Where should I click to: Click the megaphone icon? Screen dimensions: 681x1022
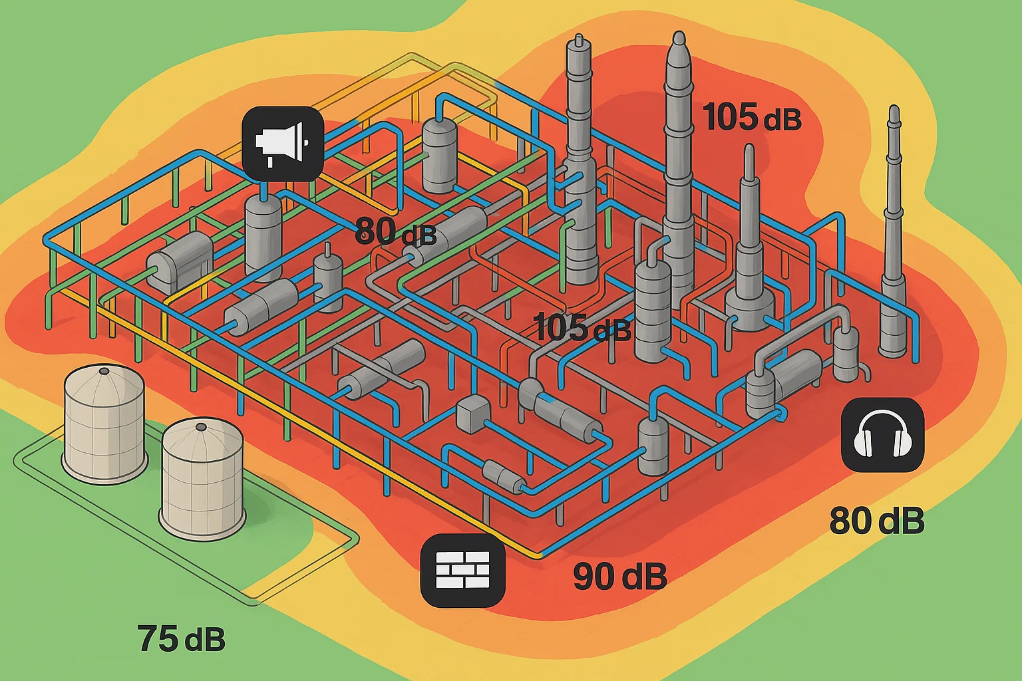(x=283, y=143)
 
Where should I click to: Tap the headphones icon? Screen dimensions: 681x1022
(x=882, y=435)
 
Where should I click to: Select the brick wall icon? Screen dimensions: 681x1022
(x=463, y=570)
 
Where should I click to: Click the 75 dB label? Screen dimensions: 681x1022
(x=181, y=638)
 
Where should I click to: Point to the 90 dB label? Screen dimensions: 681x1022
(x=619, y=576)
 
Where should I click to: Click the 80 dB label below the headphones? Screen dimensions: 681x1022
(x=876, y=520)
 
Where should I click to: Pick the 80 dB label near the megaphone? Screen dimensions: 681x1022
(x=395, y=232)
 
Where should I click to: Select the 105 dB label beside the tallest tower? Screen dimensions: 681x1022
(x=752, y=117)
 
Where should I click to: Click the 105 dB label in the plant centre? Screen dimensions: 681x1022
(x=582, y=327)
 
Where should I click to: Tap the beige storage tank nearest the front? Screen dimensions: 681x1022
(x=202, y=479)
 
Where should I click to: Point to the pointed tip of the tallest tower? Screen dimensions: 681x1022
(x=679, y=40)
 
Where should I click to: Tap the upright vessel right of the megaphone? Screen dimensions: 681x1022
(x=440, y=154)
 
